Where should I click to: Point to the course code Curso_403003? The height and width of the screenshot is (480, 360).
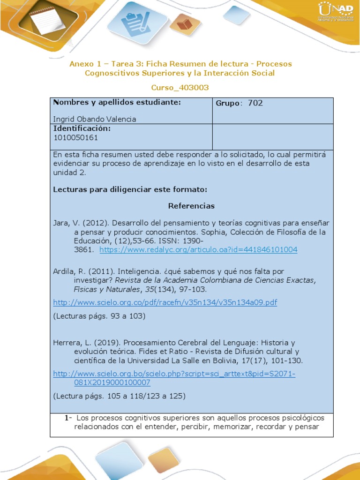pos(180,88)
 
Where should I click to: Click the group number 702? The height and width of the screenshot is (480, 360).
pos(255,103)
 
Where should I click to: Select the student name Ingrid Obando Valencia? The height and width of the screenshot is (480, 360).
pos(95,119)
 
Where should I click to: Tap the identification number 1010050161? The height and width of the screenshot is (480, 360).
pos(76,138)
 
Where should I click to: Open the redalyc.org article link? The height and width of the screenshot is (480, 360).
pos(198,249)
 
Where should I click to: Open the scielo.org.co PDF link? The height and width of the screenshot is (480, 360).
pos(165,302)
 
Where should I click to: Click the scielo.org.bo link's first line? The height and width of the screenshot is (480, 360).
pos(174,374)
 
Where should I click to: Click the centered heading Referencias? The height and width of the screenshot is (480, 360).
pos(191,206)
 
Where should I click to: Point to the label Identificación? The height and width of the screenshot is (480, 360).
pos(82,128)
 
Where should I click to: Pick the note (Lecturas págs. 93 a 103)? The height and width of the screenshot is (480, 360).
pos(99,316)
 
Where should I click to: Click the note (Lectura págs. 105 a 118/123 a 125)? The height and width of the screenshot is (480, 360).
pos(120,396)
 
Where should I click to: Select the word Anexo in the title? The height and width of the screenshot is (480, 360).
pos(81,64)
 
